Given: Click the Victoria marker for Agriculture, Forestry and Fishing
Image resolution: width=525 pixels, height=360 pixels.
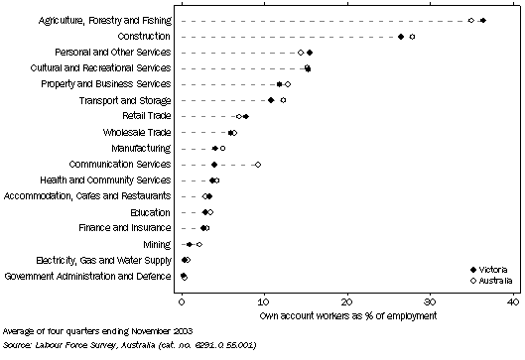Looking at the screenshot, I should click(482, 20).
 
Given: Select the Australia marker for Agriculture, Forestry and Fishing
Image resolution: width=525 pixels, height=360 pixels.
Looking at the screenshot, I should click(471, 20).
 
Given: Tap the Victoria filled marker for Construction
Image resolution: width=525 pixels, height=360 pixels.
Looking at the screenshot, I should click(401, 37).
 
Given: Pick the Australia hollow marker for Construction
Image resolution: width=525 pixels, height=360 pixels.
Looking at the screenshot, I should click(412, 37).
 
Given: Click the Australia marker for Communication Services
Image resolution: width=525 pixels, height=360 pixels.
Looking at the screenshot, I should click(258, 165).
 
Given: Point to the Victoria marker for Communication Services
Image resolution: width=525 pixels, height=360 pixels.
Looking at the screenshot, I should click(214, 165).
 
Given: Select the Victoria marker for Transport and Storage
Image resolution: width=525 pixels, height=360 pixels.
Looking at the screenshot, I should click(271, 100).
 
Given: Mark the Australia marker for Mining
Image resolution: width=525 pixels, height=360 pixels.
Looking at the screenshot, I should click(198, 244).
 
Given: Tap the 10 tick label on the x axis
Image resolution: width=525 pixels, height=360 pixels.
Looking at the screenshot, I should click(264, 300).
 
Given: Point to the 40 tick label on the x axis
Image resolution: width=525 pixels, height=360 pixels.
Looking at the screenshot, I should click(511, 300).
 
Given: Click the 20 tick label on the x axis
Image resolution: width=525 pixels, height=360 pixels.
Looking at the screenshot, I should click(346, 300).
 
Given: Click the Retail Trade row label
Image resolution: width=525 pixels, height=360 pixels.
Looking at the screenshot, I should click(144, 116).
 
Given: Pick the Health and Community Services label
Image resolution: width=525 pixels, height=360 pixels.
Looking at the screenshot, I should click(112, 180).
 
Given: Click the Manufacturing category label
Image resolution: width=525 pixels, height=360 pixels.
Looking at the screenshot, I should click(140, 148).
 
